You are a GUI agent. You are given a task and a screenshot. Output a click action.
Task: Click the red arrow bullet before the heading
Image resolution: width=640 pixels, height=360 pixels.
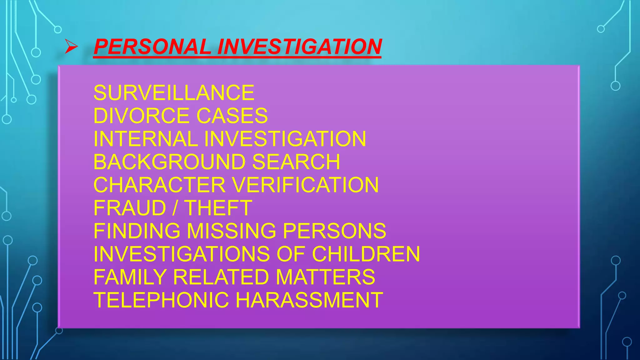[71, 47]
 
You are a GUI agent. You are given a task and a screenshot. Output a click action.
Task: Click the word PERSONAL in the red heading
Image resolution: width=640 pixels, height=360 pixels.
[152, 47]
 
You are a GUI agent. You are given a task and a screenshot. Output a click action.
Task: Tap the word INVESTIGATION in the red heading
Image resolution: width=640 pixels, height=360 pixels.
[299, 47]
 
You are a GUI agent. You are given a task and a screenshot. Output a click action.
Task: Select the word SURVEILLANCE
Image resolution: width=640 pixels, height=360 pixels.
[174, 93]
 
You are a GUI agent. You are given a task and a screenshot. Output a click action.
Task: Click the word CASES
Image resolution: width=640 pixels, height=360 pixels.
[232, 116]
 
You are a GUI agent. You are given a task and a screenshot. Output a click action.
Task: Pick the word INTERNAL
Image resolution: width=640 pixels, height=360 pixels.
[146, 139]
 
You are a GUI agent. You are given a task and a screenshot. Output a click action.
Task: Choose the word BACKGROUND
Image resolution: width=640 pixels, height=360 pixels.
[170, 162]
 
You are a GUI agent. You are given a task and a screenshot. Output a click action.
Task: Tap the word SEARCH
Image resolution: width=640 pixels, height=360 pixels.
[296, 162]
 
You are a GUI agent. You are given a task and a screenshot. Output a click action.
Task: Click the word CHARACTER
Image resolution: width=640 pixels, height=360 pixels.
[159, 185]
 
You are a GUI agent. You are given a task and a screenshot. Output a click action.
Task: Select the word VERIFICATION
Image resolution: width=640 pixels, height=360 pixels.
[306, 185]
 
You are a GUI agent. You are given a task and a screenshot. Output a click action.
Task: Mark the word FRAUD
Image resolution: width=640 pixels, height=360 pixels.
[130, 208]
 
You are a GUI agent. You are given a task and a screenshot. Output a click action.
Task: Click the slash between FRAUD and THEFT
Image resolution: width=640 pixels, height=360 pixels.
[175, 208]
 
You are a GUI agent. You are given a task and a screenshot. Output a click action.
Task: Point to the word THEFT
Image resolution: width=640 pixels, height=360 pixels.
[218, 208]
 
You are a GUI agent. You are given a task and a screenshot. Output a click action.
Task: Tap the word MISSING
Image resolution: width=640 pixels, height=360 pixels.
[232, 231]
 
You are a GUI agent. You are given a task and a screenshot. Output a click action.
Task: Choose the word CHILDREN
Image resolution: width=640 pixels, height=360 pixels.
[366, 254]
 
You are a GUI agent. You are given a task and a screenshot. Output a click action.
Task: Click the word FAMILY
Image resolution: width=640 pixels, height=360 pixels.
[130, 277]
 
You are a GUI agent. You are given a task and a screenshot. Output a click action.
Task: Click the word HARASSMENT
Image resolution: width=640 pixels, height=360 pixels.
[309, 300]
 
